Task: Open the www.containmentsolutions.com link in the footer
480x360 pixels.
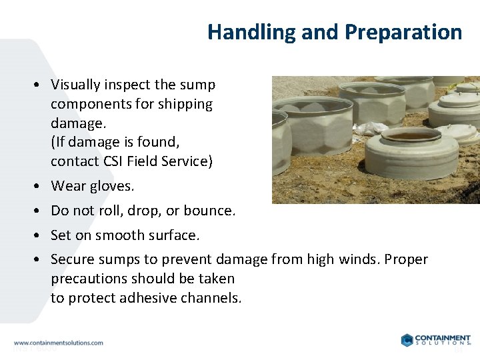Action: (x=59, y=343)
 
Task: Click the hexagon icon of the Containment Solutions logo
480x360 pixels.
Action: (x=407, y=340)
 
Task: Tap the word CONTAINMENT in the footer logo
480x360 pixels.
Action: (x=443, y=337)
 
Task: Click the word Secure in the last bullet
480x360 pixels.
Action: (x=72, y=259)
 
